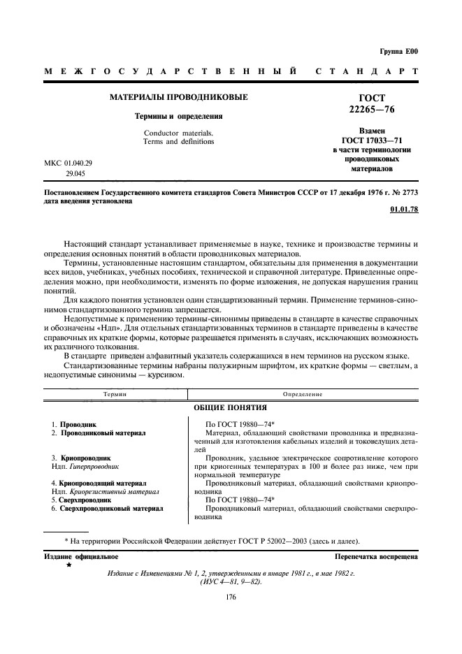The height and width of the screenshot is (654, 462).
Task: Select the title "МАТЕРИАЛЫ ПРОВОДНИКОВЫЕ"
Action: coord(178,96)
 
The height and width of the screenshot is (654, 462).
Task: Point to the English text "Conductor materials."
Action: coord(178,133)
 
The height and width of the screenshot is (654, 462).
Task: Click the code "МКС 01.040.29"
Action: coord(68,163)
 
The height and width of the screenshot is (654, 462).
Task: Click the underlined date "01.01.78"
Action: coord(404,210)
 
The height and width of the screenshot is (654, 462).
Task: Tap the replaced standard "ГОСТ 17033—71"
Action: coord(371,140)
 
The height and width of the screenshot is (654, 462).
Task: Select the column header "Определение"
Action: coord(303,395)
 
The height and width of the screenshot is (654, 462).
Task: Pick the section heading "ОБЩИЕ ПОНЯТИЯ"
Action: coord(231,407)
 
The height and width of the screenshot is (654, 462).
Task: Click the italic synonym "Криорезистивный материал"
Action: coord(115,491)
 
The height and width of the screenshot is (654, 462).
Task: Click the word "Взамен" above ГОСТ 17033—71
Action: coord(371,131)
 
